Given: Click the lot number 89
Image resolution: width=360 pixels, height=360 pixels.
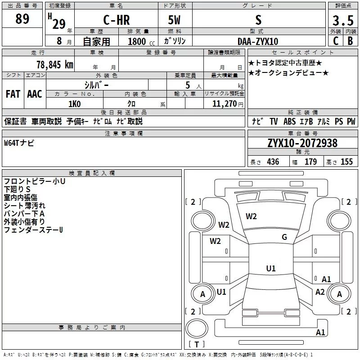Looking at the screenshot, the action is point(22,18).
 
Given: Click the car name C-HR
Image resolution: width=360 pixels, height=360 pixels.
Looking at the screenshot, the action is point(117,20).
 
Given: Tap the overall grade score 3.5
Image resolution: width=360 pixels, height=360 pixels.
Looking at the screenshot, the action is point(343,20).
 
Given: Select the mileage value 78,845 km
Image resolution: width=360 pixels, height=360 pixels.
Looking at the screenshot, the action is point(55,64).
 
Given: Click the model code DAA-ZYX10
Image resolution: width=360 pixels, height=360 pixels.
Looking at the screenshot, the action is point(258,41).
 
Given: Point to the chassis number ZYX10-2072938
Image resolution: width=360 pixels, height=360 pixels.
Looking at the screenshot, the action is point(302,143).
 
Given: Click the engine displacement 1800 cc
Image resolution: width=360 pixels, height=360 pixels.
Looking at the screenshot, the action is point(141,41).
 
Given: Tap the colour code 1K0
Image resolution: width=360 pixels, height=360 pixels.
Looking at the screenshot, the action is point(75,104).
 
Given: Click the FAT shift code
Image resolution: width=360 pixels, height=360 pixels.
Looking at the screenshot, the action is point(13,94).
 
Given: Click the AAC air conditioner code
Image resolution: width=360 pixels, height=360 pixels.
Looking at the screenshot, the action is point(35,94).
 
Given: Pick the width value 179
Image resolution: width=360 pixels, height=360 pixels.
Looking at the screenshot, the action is point(310,162).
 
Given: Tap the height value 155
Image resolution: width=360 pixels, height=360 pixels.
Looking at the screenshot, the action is point(346,162).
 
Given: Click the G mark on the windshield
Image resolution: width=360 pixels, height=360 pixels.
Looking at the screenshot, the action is point(284,237).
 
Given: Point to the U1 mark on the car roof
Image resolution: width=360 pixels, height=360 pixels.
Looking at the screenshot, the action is point(271,268).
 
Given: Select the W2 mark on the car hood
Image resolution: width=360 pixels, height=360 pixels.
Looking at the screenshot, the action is point(251,216).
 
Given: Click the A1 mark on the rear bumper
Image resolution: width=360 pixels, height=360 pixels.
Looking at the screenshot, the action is point(320,332).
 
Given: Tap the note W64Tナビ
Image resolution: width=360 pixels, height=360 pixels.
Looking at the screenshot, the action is point(19,143).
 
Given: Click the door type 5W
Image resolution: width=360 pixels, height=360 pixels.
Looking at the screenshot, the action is point(174,20).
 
